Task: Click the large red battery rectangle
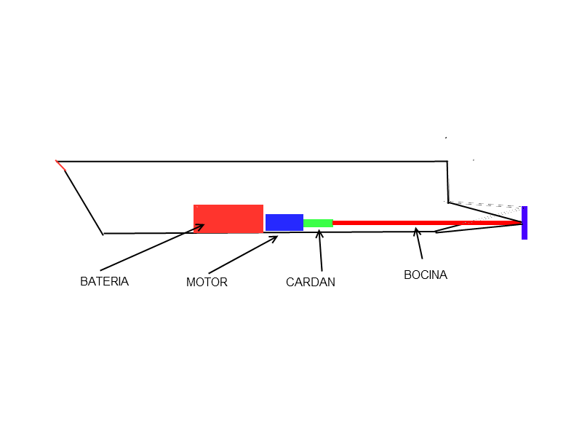coord(228,219)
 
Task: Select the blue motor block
coord(284,222)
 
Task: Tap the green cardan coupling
coord(318,224)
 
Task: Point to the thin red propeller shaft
coord(427,223)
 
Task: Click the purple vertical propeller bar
coord(525,223)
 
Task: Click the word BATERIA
coord(104,281)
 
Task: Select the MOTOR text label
coord(207,282)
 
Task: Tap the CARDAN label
coord(311,282)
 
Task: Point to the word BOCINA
coord(426,275)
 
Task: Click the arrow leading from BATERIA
coord(152,247)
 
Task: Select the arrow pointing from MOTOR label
coord(243,254)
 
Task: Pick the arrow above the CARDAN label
coord(320,251)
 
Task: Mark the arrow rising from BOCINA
coord(419,243)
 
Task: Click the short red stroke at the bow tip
coord(60,165)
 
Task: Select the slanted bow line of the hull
coord(84,202)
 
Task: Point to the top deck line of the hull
coord(252,162)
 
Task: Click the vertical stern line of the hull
coord(448,182)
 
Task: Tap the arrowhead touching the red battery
coord(199,227)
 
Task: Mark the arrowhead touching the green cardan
coord(319,233)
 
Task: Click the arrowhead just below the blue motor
coord(274,239)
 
